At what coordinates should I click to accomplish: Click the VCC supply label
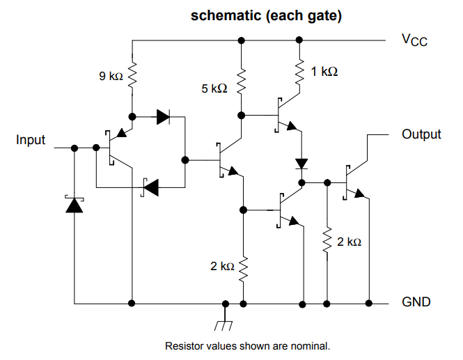coord(414,40)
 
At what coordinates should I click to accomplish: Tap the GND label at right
coord(416,302)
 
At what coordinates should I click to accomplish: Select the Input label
coord(31,140)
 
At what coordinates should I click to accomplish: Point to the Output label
coord(421,134)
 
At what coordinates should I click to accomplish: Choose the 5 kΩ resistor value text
coord(214,88)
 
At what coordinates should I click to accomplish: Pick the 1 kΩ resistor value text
coord(324,71)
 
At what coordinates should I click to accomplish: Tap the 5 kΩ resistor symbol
coord(241,82)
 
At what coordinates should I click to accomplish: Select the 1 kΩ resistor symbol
coord(301,72)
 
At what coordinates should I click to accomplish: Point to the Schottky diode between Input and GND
coord(74,205)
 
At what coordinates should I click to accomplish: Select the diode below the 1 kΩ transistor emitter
coord(301,164)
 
